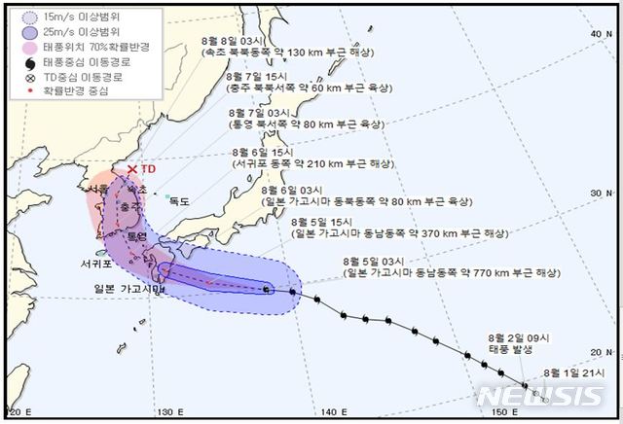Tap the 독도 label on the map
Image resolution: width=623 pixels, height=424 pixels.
tap(178, 201)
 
